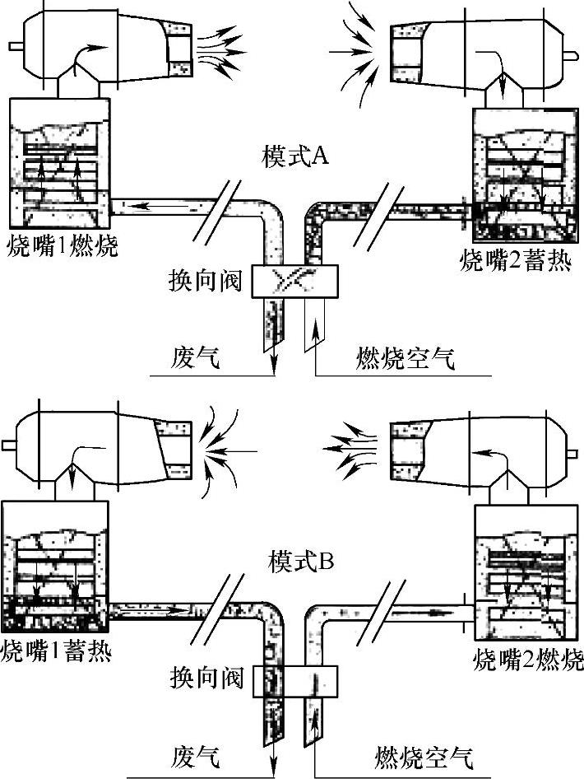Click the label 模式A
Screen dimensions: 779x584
[x=295, y=156]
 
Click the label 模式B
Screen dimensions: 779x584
[x=301, y=562]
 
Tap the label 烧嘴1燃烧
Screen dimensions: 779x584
[x=61, y=245]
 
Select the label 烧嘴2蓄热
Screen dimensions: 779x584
[x=514, y=262]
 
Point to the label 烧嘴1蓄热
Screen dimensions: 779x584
[x=57, y=651]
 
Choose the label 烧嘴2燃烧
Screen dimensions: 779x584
[x=528, y=660]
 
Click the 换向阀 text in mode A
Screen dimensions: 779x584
[x=206, y=280]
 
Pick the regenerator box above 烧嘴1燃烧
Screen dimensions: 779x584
[x=58, y=163]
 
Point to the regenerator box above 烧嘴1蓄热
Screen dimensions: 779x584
[x=54, y=568]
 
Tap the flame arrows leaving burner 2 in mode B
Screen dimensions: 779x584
[x=349, y=449]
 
